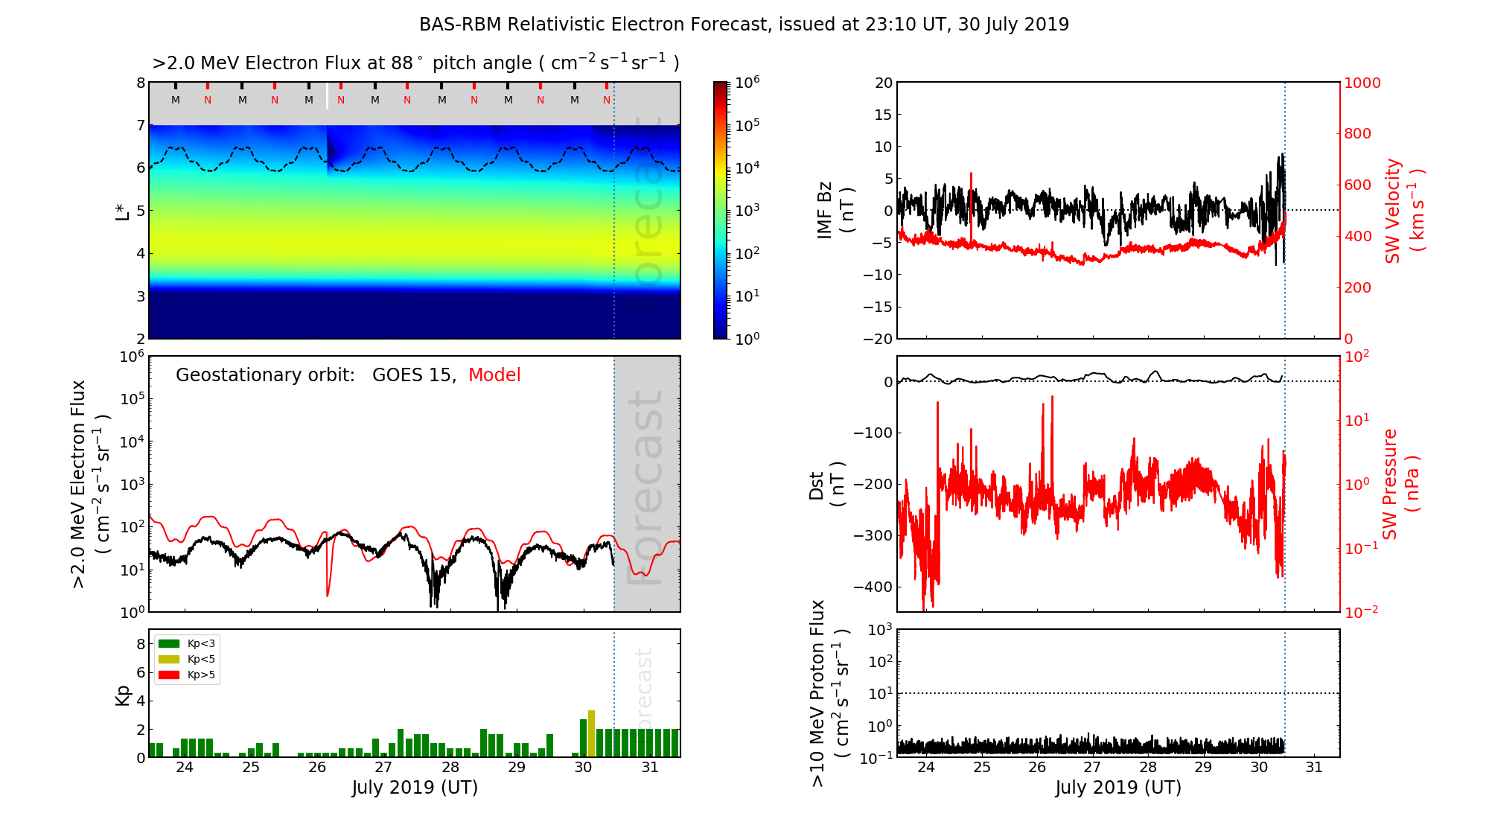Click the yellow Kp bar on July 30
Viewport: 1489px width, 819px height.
pos(591,734)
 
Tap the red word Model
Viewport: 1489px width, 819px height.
pos(494,375)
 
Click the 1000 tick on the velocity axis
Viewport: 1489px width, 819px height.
pos(1362,83)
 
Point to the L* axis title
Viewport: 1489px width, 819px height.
pos(123,211)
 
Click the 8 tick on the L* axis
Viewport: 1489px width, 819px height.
pos(140,83)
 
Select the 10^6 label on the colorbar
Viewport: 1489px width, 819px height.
pos(747,82)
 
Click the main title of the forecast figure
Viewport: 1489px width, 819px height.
pos(744,25)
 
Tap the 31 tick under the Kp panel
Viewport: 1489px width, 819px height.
pos(650,768)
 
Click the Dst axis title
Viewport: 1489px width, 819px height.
pos(826,484)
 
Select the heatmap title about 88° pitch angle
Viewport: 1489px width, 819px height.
pos(415,63)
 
